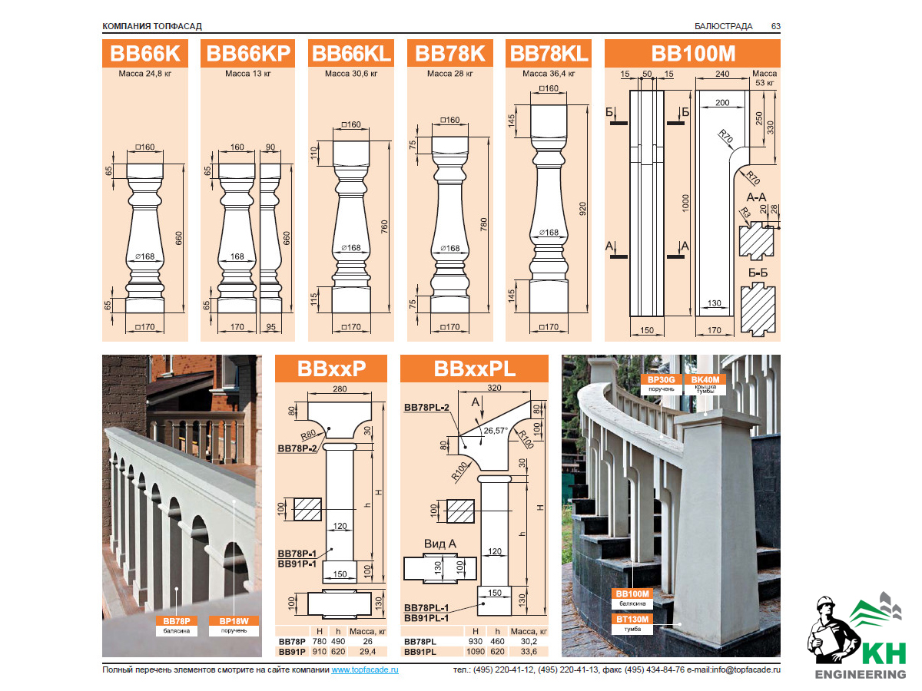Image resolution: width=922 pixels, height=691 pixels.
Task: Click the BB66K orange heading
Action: (145, 54)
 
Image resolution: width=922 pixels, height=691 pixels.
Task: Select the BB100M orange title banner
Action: (693, 54)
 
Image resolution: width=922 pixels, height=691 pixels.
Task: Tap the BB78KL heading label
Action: (549, 54)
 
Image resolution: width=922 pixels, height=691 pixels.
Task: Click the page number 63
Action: (776, 26)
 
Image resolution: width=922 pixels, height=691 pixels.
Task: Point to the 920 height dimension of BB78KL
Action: (583, 207)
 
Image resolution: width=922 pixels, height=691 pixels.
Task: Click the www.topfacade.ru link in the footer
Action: (365, 670)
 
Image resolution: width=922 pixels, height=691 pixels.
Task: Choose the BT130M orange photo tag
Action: (632, 619)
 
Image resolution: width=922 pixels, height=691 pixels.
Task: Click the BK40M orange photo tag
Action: (705, 379)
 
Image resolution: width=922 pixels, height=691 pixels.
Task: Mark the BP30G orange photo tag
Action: (661, 379)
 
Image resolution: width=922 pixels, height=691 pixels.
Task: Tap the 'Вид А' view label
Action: (440, 544)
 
